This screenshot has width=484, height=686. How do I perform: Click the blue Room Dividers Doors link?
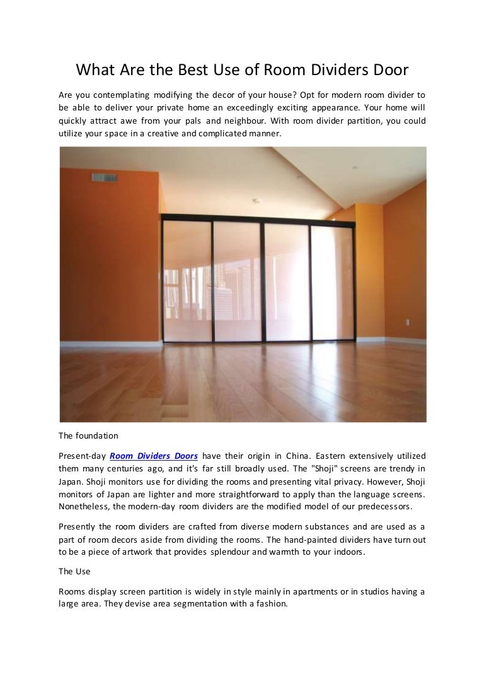tap(154, 456)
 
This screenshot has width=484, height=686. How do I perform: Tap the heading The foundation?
tap(88, 435)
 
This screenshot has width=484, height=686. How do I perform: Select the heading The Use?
tap(74, 571)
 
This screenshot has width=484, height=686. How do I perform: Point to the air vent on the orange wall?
tap(105, 177)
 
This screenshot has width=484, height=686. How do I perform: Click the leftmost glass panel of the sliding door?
tap(187, 281)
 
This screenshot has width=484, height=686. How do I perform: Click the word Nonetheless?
tap(84, 506)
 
